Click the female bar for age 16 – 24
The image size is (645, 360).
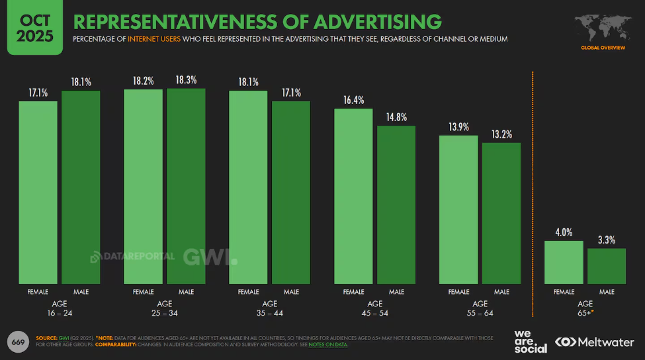pyautogui.click(x=38, y=192)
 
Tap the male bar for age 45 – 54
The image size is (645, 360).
pyautogui.click(x=396, y=205)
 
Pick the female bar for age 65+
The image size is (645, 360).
pyautogui.click(x=564, y=263)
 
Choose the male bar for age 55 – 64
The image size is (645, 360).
pyautogui.click(x=501, y=213)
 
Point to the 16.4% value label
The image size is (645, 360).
pyautogui.click(x=354, y=100)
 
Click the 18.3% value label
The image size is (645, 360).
pyautogui.click(x=186, y=81)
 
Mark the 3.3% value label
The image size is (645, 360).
pyautogui.click(x=607, y=240)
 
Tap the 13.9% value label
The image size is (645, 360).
pyautogui.click(x=458, y=127)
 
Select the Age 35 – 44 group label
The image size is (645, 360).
pyautogui.click(x=269, y=308)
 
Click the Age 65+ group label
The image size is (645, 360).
pyautogui.click(x=585, y=308)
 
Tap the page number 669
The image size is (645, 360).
pyautogui.click(x=17, y=341)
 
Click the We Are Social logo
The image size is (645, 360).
pyautogui.click(x=531, y=341)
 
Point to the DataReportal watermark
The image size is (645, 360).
pyautogui.click(x=133, y=256)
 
